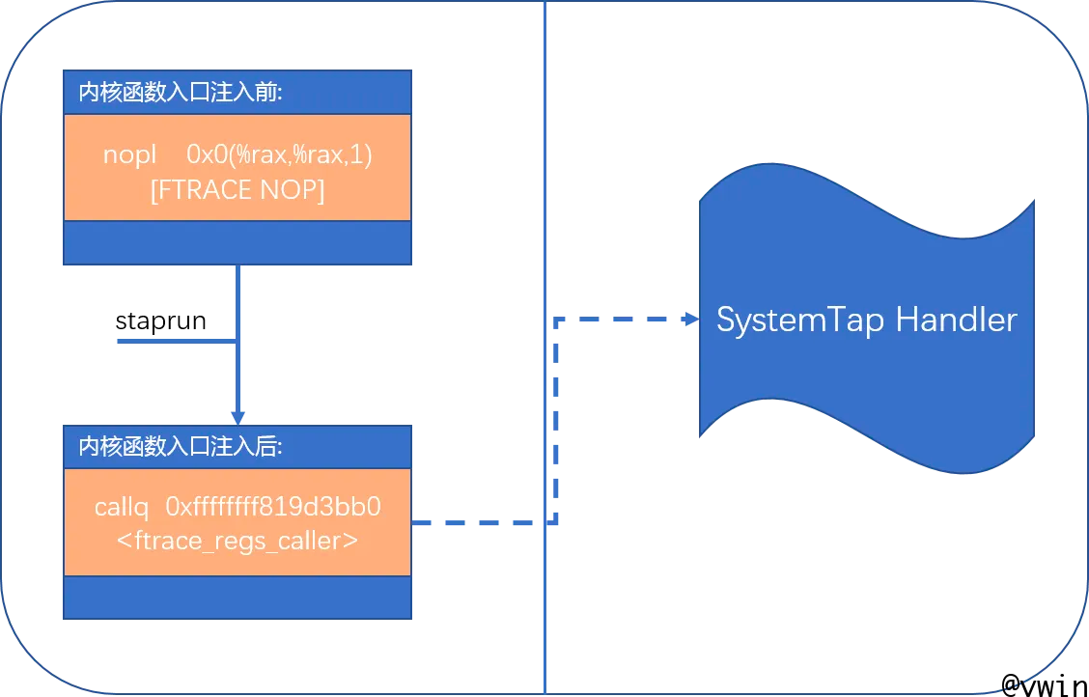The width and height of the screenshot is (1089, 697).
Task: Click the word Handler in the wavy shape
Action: (956, 320)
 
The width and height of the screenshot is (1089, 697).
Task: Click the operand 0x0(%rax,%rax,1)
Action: (279, 154)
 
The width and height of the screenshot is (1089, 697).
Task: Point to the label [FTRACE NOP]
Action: (237, 190)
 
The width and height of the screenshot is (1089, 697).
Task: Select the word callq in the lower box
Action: (122, 507)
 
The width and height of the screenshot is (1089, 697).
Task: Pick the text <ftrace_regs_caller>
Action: (237, 541)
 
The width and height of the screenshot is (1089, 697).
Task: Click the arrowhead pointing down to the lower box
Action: (237, 415)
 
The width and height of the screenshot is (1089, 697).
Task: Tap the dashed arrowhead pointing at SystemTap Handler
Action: (690, 319)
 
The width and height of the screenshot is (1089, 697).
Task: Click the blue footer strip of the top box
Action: (237, 242)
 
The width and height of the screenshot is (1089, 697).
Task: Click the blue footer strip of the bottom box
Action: (237, 598)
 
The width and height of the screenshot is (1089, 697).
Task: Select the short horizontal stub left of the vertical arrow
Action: (174, 341)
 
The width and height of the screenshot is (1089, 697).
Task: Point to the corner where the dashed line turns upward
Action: (556, 523)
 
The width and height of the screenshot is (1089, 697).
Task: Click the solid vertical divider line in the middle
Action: (544, 193)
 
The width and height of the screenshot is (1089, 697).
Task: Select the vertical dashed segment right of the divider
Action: (556, 425)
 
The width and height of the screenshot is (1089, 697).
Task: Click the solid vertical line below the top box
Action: (237, 299)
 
